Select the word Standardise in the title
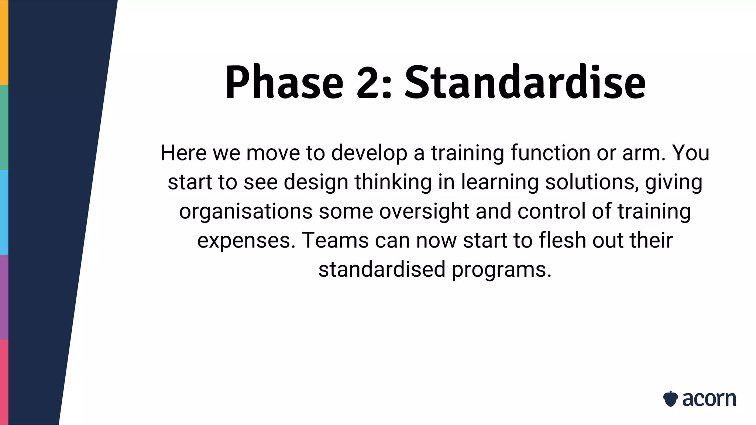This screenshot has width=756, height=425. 525,82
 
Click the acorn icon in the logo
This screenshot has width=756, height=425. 670,399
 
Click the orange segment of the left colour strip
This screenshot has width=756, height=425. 4,42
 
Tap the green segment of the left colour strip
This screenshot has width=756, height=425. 4,127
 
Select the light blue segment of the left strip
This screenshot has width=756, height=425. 4,212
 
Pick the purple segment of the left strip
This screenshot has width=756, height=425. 4,297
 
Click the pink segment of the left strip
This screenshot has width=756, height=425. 4,382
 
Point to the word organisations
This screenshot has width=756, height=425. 246,211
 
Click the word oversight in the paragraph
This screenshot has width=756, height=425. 424,211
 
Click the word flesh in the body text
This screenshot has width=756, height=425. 562,240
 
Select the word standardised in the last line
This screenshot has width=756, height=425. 382,269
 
